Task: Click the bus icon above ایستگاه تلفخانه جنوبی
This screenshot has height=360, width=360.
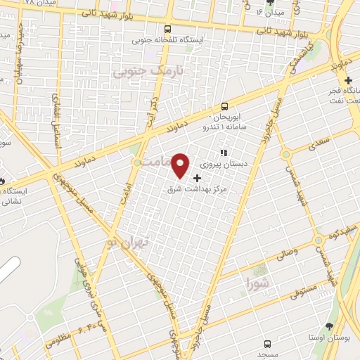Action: (x=167, y=29)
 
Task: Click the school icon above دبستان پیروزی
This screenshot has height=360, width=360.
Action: (x=224, y=152)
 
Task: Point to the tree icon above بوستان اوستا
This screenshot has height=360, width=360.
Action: (x=329, y=326)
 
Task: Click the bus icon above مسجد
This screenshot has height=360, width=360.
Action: (x=267, y=343)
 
